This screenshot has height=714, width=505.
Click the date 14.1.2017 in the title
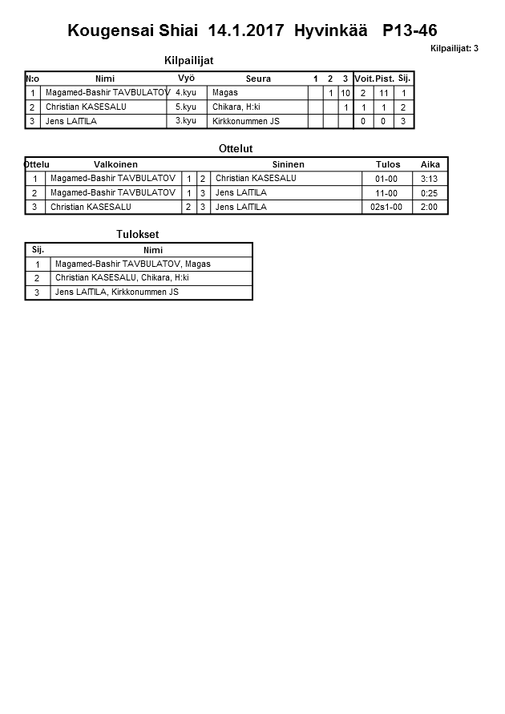[x=245, y=31]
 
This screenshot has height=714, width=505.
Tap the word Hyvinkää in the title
[x=330, y=31]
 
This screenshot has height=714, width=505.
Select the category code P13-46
[x=410, y=31]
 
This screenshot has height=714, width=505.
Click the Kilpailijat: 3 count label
[x=454, y=49]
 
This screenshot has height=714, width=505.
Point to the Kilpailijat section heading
[x=188, y=60]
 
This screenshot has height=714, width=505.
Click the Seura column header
[x=258, y=79]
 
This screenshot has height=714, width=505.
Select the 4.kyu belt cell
[x=185, y=93]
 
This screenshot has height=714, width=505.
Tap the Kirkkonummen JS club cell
[x=246, y=121]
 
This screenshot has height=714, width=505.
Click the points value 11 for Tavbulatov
[x=384, y=93]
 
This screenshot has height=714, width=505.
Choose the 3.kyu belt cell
[x=185, y=121]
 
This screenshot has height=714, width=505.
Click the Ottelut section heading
[x=236, y=149]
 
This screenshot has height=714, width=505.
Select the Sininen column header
[x=288, y=164]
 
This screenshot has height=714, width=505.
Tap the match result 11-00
[x=386, y=193]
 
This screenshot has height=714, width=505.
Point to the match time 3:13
[x=430, y=179]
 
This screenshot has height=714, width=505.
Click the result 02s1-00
[x=386, y=207]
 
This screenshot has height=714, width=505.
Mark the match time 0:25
[x=430, y=193]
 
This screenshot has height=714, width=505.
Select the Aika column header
[x=430, y=164]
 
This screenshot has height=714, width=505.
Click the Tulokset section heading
[x=138, y=234]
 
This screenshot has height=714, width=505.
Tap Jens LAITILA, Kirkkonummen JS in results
[x=117, y=292]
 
